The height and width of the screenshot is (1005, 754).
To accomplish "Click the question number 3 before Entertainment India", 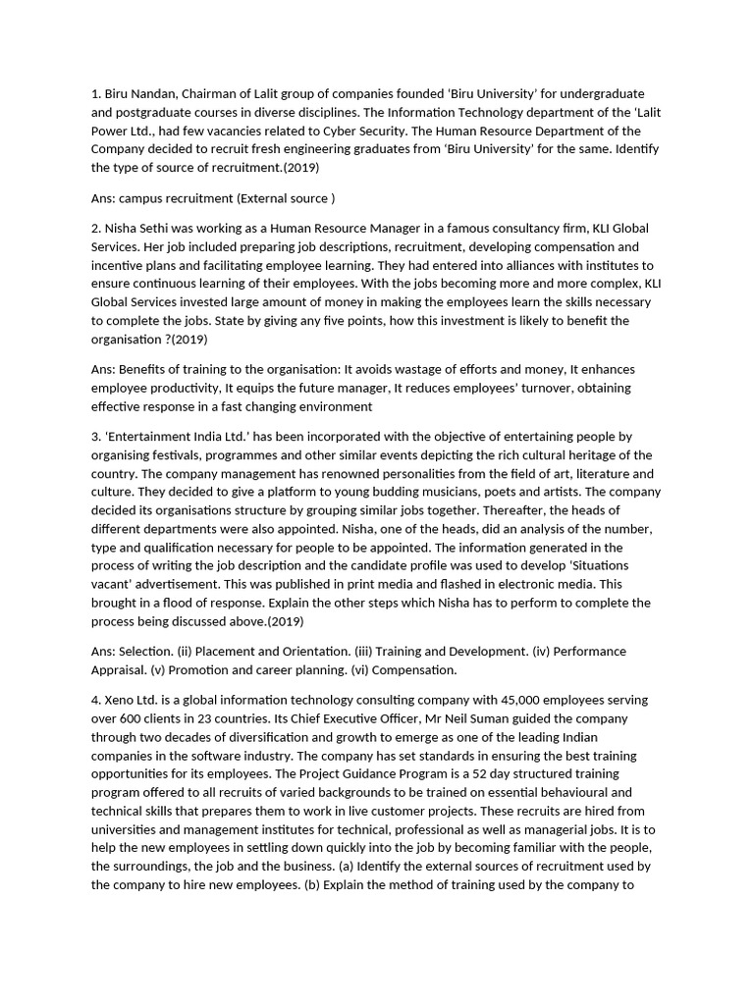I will (x=95, y=437).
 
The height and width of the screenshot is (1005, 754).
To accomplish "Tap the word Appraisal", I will (x=122, y=669).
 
